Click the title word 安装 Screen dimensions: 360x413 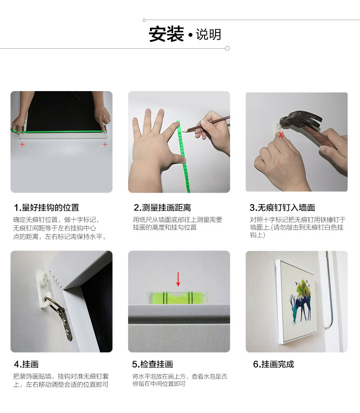[x=166, y=34]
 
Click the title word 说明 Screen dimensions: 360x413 [x=208, y=35]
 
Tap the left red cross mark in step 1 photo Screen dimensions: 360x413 [x=22, y=144]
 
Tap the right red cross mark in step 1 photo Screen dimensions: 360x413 [x=105, y=144]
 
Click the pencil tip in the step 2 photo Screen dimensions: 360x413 [x=183, y=131]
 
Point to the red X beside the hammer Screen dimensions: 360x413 [x=281, y=135]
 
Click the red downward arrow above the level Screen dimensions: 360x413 [x=178, y=279]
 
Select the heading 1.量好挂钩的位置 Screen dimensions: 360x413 [x=46, y=208]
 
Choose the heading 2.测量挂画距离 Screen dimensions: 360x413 [x=162, y=208]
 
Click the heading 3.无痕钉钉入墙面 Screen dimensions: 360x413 [x=282, y=208]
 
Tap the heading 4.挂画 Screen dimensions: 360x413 [x=26, y=364]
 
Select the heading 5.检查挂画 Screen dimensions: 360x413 [x=152, y=364]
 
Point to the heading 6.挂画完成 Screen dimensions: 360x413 [x=273, y=364]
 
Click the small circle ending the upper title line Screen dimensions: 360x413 [x=144, y=20]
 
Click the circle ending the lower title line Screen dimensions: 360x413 [x=227, y=48]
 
